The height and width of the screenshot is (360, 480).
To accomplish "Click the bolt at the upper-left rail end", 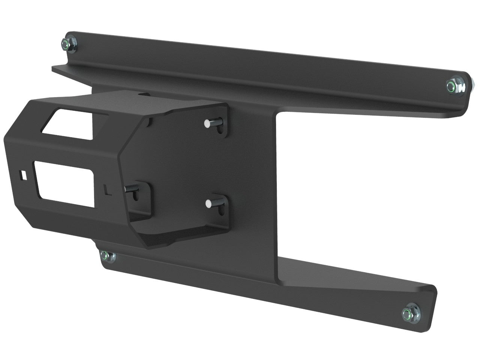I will point(67,44).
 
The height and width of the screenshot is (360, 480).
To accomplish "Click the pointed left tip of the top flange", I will point(53,68).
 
